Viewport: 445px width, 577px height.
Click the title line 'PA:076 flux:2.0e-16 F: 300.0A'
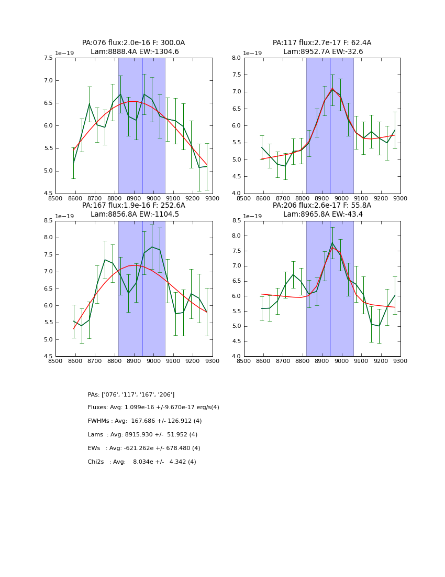[x=133, y=43]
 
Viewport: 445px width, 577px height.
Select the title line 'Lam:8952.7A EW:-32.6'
[x=322, y=52]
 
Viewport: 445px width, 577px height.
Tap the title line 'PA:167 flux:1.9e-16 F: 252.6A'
[x=133, y=206]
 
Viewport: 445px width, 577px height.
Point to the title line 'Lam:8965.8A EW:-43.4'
[x=322, y=214]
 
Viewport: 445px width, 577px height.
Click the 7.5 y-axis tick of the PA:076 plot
[x=48, y=58]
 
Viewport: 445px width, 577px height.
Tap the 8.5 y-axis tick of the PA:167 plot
[x=48, y=221]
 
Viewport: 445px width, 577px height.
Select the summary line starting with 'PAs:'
[x=131, y=394]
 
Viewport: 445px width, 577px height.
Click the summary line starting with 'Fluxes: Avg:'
[x=153, y=408]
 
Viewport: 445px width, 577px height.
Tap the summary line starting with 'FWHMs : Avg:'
[x=144, y=421]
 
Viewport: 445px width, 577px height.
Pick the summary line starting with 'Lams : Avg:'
[x=142, y=435]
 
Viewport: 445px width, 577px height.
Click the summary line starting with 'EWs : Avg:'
[x=144, y=448]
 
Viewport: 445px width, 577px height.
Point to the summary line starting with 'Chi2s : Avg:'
[x=142, y=462]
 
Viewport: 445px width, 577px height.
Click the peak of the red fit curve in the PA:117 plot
[x=331, y=88]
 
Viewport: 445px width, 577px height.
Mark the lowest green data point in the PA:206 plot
[x=379, y=326]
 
